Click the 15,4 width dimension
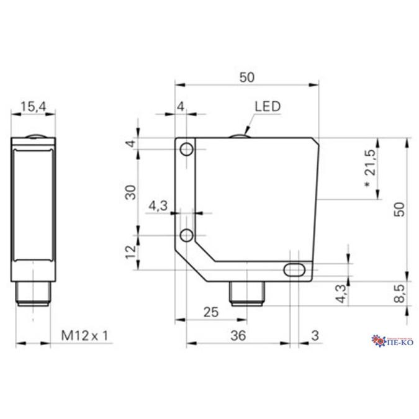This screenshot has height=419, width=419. point(34,107)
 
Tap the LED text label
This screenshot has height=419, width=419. point(268,107)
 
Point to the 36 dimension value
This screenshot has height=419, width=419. point(238,335)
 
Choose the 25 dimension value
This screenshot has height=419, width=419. point(211,313)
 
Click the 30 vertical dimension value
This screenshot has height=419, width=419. point(130,192)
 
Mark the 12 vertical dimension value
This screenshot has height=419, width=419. point(130,252)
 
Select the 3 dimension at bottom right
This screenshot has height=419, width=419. point(314,335)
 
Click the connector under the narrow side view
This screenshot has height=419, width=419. point(33,294)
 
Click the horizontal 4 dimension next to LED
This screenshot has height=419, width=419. point(181,107)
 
